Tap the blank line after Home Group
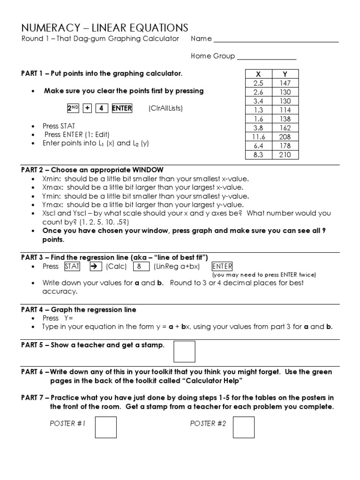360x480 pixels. click(x=266, y=57)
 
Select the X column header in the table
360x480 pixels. click(x=258, y=74)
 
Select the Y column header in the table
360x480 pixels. click(x=285, y=74)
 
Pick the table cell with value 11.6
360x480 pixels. click(x=258, y=137)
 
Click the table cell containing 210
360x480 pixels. click(x=285, y=155)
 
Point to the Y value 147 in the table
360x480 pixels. click(x=285, y=83)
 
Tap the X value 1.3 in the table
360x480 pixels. click(x=258, y=110)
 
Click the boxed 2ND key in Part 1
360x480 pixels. click(x=73, y=108)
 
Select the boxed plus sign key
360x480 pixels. click(x=87, y=108)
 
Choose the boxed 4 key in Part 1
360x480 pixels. click(x=101, y=108)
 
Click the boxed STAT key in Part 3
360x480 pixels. click(x=72, y=266)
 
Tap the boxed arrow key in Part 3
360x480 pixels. click(x=93, y=266)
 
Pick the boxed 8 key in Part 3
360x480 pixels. click(x=140, y=266)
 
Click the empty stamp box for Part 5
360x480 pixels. click(x=184, y=352)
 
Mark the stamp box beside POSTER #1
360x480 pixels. click(x=105, y=427)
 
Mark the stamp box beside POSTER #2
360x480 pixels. click(x=243, y=427)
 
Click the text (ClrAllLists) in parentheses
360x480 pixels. click(x=165, y=108)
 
